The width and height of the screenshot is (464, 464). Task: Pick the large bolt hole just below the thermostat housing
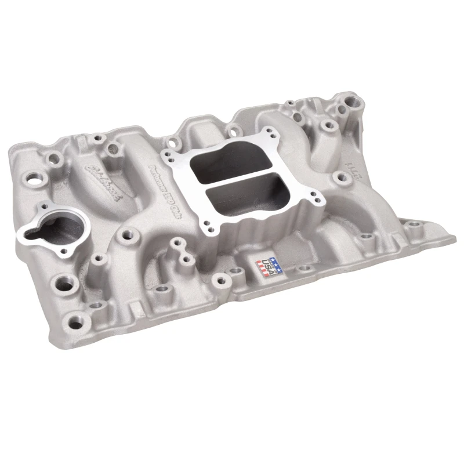point(60,285)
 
